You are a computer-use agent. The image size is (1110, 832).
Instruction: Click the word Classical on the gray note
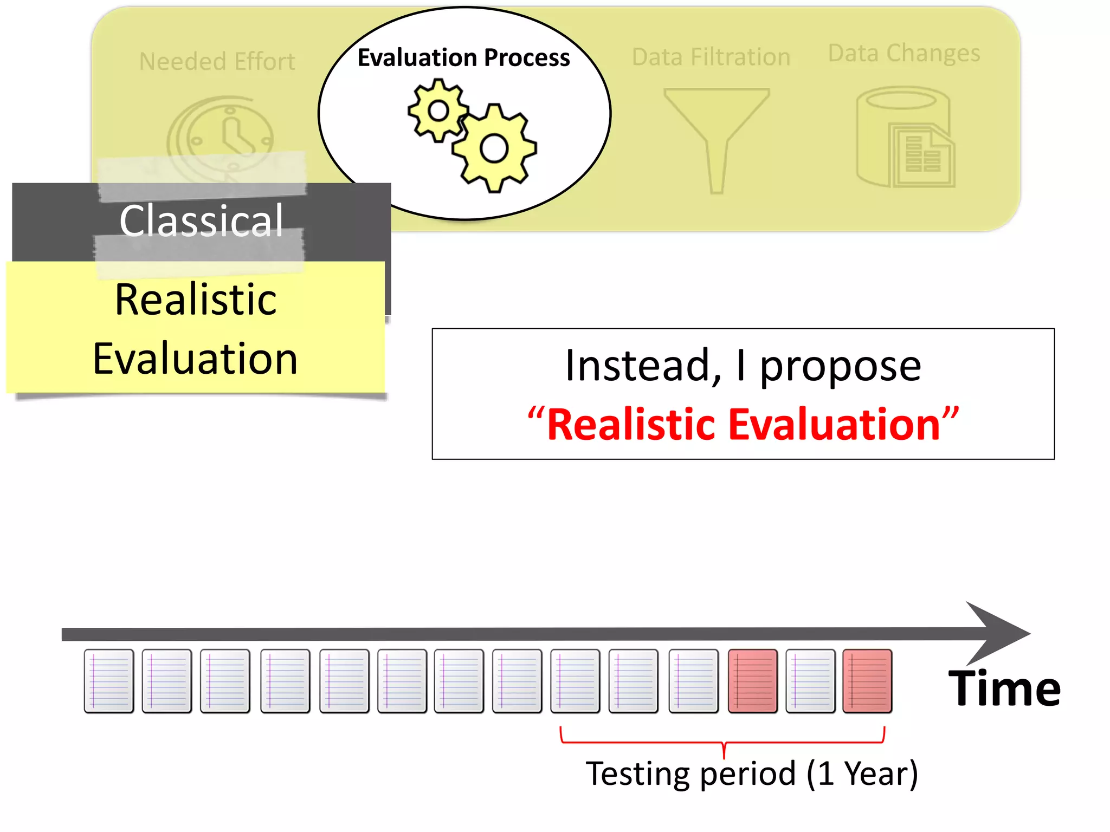click(x=201, y=221)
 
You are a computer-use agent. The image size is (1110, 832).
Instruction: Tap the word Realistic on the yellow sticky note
click(x=196, y=300)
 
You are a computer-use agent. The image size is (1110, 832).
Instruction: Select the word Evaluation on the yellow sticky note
click(x=195, y=359)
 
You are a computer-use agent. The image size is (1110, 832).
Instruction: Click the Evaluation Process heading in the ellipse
click(x=463, y=58)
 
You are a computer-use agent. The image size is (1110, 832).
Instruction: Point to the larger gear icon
click(x=494, y=148)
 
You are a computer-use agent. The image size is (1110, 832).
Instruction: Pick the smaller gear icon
click(x=438, y=111)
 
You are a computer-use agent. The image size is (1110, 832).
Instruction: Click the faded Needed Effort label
click(x=217, y=62)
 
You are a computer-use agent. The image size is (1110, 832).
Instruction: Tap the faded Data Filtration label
click(x=711, y=57)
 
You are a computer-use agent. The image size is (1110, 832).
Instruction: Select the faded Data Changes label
click(x=904, y=54)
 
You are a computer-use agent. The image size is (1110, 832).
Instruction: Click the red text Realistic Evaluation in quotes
click(x=743, y=425)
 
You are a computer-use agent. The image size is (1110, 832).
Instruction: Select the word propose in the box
click(x=840, y=366)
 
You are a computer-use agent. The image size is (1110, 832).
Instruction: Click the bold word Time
click(x=1004, y=689)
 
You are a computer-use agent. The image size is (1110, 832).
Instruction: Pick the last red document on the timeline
click(x=867, y=681)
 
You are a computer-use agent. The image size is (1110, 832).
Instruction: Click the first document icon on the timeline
click(x=109, y=681)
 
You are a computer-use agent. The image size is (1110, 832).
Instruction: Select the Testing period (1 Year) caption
click(x=752, y=773)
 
